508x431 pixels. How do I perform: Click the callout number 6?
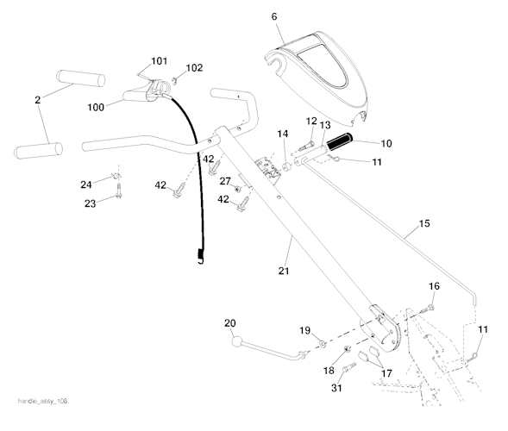click(274, 16)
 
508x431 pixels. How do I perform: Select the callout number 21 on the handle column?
click(284, 272)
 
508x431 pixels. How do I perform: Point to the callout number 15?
click(423, 225)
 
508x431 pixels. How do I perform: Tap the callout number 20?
click(229, 323)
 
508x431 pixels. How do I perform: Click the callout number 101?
click(159, 61)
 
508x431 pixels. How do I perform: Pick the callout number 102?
click(195, 68)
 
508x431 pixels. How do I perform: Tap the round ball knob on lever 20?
click(235, 343)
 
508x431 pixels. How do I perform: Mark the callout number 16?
click(434, 285)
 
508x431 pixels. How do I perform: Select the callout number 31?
click(337, 388)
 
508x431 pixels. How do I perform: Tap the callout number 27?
click(224, 181)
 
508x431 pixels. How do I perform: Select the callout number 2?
click(37, 101)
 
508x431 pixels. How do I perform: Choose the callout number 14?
click(282, 134)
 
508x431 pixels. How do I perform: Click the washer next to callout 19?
click(322, 343)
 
